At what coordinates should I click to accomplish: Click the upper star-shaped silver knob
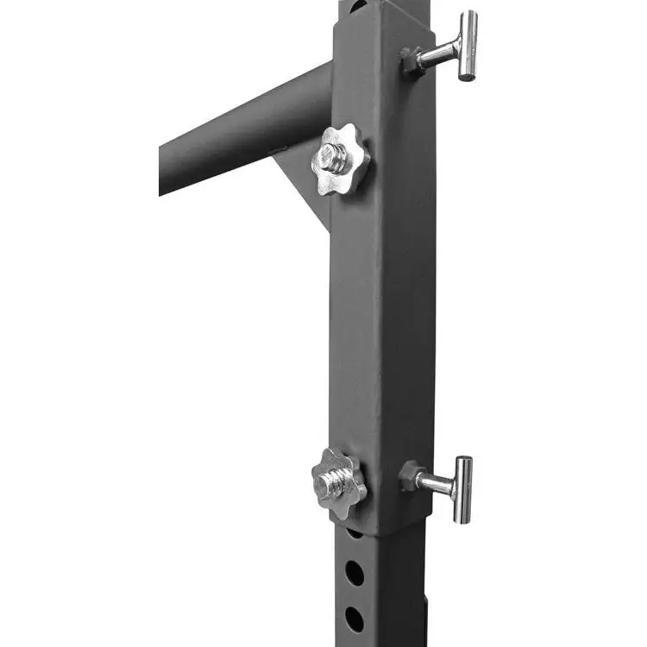point(340,160)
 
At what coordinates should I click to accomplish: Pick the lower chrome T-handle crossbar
point(463,489)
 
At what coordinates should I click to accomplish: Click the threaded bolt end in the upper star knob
point(332,157)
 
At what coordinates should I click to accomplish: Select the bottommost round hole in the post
point(355,619)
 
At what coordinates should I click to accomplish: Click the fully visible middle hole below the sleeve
point(355,573)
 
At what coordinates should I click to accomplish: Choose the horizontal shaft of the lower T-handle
point(434,484)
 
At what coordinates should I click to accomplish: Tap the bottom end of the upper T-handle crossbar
point(467,77)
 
